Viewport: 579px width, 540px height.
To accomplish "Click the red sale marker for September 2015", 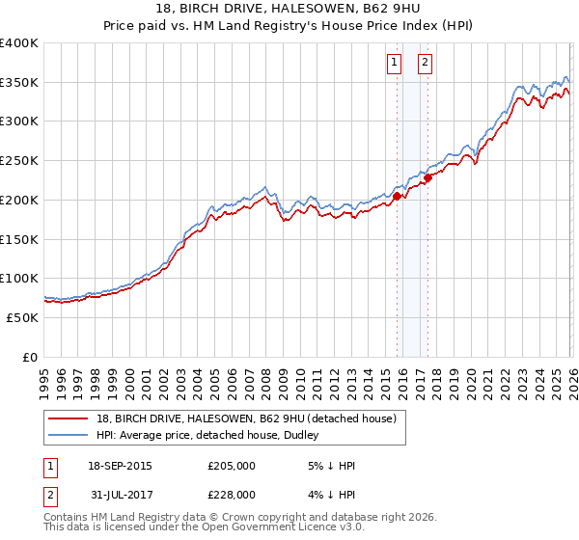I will click(397, 196).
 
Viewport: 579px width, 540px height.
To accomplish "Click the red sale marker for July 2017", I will click(427, 177).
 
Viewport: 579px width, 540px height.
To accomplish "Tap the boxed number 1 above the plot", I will click(394, 64).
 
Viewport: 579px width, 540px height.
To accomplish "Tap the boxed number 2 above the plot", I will click(425, 64).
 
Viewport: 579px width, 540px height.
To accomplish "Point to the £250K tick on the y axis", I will click(19, 161).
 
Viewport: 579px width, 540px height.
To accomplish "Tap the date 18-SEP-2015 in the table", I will click(120, 466).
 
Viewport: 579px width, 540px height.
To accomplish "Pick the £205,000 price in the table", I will click(232, 466).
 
